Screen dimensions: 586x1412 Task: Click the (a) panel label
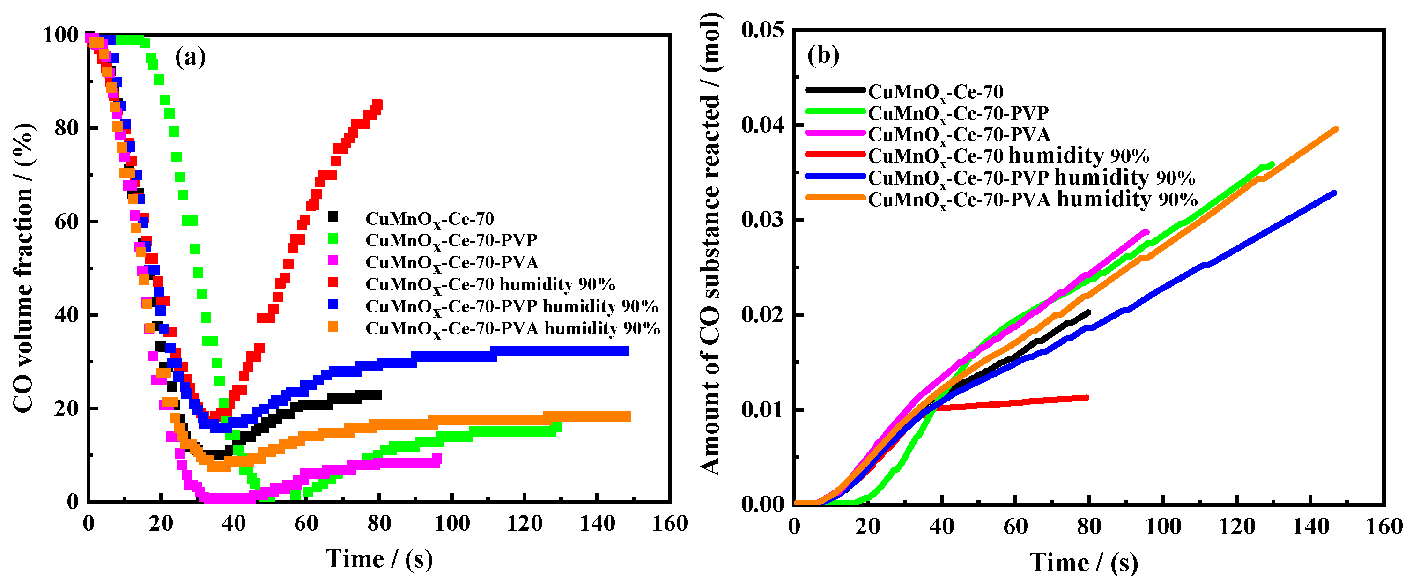(x=190, y=57)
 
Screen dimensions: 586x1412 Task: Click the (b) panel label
(x=823, y=55)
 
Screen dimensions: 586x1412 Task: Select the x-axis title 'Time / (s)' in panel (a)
(x=379, y=559)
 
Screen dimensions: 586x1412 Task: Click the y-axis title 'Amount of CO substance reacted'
(x=710, y=245)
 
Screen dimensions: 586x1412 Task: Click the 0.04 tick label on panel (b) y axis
(x=762, y=125)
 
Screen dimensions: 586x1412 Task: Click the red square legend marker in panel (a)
(x=333, y=282)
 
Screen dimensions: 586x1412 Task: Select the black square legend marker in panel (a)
(x=333, y=216)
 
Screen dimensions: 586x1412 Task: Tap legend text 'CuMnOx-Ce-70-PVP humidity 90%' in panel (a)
(x=511, y=306)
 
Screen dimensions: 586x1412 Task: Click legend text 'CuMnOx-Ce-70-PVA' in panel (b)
(x=959, y=134)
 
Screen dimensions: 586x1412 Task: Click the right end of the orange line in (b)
(x=1336, y=129)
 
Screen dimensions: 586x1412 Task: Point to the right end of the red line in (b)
(x=1087, y=397)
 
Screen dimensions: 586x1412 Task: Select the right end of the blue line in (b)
(x=1334, y=193)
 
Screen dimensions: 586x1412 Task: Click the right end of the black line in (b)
(x=1088, y=312)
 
